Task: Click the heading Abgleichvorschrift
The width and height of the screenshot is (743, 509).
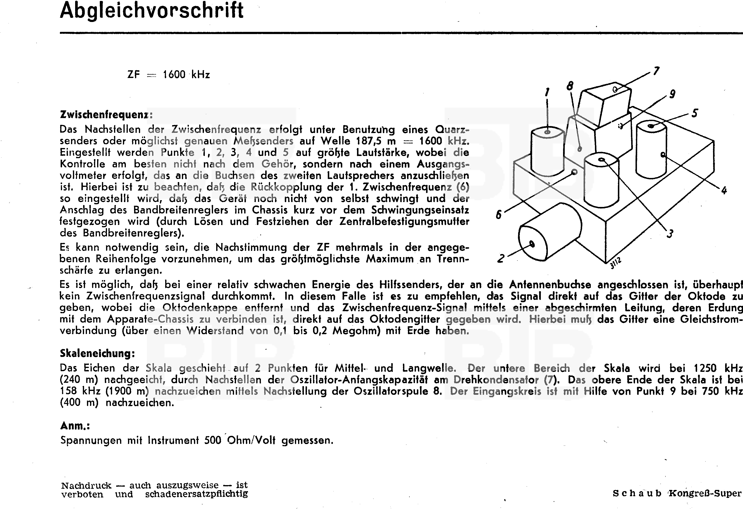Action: pyautogui.click(x=151, y=11)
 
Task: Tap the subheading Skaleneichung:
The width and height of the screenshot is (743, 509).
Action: pyautogui.click(x=97, y=353)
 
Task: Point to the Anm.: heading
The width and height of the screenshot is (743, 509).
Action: pyautogui.click(x=75, y=426)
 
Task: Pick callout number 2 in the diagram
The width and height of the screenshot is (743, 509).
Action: pyautogui.click(x=501, y=258)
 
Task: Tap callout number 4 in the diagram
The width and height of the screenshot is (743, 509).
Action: pyautogui.click(x=724, y=191)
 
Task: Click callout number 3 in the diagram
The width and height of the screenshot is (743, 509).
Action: pyautogui.click(x=670, y=233)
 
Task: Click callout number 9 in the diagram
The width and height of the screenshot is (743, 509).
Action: pyautogui.click(x=672, y=94)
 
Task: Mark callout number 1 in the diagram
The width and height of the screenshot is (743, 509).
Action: pyautogui.click(x=547, y=92)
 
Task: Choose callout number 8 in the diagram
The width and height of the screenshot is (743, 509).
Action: pyautogui.click(x=570, y=86)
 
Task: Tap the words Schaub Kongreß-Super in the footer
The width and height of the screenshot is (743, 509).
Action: pyautogui.click(x=677, y=493)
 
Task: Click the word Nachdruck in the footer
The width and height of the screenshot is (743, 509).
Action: pyautogui.click(x=86, y=486)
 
